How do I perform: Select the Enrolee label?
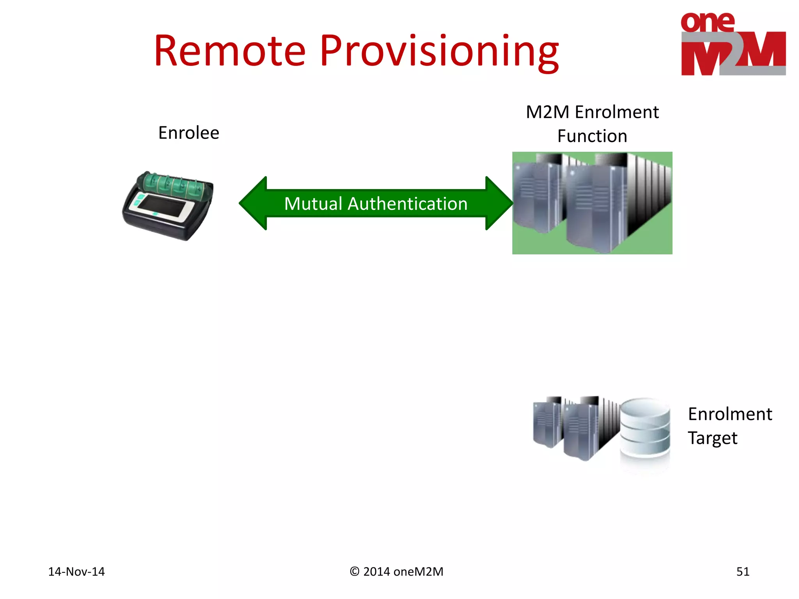point(188,133)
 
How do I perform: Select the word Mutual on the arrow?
point(313,204)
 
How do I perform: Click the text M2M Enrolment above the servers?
point(592,112)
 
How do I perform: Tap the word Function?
point(592,136)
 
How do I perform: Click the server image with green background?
point(592,203)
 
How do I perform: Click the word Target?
point(712,438)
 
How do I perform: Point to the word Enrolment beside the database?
point(730,414)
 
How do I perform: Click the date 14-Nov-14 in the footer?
point(76,572)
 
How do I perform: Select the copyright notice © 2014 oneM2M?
point(396,572)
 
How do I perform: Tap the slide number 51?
point(742,572)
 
